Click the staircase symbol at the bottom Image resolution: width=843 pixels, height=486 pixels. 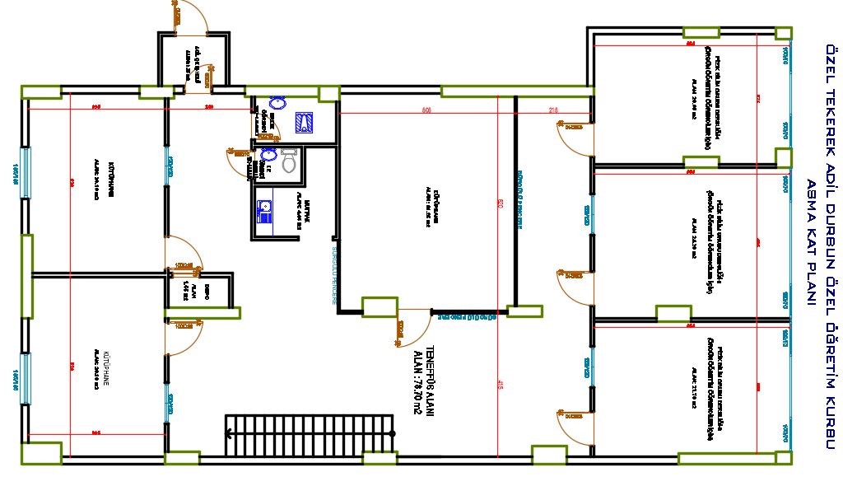point(309,433)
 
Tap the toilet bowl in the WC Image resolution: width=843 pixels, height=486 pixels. point(289,161)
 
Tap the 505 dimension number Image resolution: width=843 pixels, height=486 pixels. point(426,110)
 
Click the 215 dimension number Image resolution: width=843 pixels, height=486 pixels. point(553,110)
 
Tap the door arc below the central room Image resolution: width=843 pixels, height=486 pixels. point(412,329)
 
